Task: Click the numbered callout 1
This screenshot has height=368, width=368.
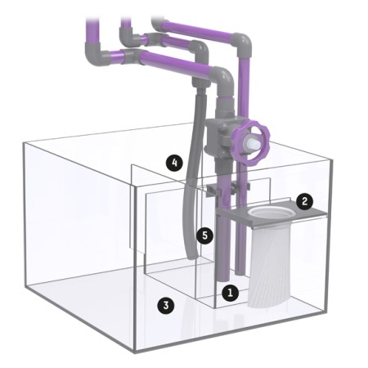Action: click(231, 293)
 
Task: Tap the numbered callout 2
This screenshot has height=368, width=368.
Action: click(305, 201)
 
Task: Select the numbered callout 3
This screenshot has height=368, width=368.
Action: click(166, 305)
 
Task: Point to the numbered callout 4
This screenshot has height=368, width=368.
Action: click(174, 163)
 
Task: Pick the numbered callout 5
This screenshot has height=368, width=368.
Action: click(205, 236)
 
